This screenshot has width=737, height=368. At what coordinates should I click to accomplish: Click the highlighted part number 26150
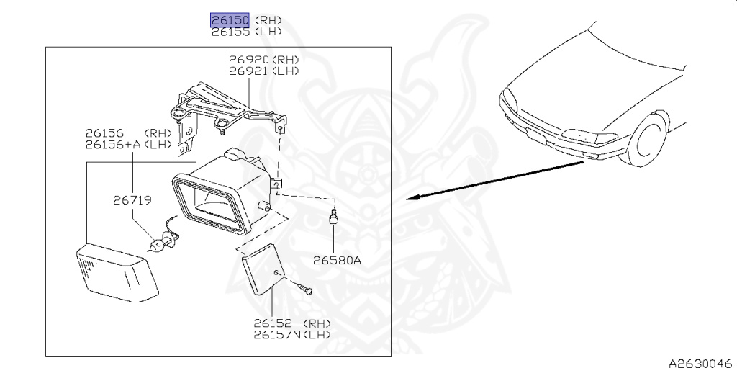pos(229,20)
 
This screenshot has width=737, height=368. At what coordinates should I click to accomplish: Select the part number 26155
pos(229,32)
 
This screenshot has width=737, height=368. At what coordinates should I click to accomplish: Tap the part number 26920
pos(248,60)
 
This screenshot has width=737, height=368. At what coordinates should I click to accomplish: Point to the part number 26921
pos(248,71)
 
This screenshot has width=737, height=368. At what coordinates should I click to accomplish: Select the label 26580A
pos(336,261)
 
